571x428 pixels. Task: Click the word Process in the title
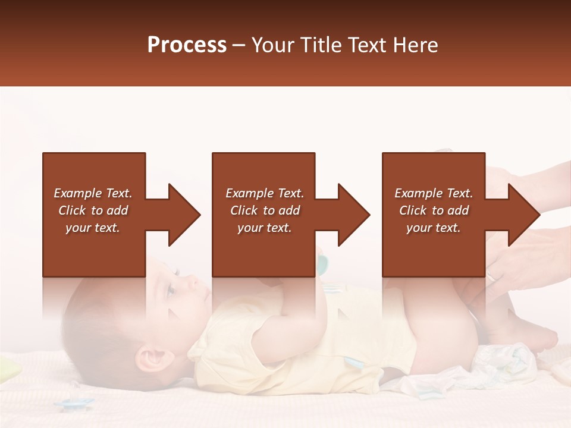pyautogui.click(x=187, y=45)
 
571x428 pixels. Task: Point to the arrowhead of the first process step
pyautogui.click(x=182, y=215)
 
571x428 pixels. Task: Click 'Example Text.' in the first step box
pyautogui.click(x=93, y=193)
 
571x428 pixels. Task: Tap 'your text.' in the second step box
pyautogui.click(x=264, y=228)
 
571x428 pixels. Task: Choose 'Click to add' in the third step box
pyautogui.click(x=434, y=210)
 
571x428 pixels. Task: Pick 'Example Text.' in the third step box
pyautogui.click(x=434, y=193)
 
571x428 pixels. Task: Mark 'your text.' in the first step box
pyautogui.click(x=93, y=228)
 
